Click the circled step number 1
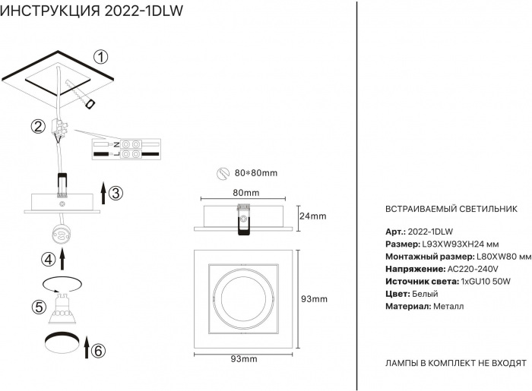click(101, 57)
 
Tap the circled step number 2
click(38, 126)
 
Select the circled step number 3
click(116, 193)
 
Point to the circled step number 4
click(48, 260)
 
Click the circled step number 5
click(39, 307)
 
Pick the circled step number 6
click(98, 351)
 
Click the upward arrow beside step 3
click(103, 193)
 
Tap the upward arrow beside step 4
click(62, 259)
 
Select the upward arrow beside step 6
click(86, 347)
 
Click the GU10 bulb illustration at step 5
click(62, 308)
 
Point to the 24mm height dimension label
click(313, 216)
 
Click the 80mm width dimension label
click(246, 192)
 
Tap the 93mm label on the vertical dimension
click(314, 299)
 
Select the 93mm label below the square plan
click(244, 359)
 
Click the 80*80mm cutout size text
click(256, 173)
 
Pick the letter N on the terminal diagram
click(116, 145)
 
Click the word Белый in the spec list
click(425, 294)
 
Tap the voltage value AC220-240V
click(473, 269)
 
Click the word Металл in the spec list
click(448, 306)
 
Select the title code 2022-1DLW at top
click(144, 11)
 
